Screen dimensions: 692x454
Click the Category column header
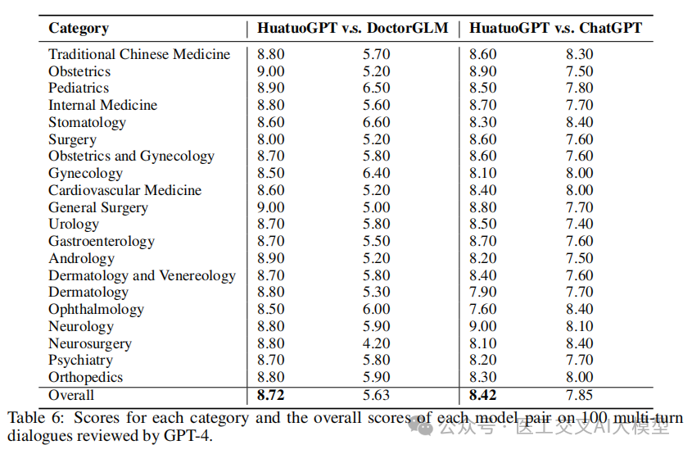[x=79, y=28]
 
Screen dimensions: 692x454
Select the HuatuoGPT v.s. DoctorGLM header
[x=353, y=28]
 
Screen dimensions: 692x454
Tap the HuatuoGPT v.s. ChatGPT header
[x=555, y=28]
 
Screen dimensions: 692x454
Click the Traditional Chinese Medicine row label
[x=139, y=54]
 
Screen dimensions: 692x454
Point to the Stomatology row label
[x=88, y=122]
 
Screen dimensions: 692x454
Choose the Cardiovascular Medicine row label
[x=125, y=190]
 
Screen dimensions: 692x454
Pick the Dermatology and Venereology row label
[x=142, y=275]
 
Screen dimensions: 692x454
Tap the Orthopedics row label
[x=86, y=377]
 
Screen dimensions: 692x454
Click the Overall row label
[x=71, y=395]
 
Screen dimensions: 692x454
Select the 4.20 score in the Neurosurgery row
[x=377, y=343]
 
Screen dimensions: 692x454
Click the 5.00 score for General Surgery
[x=377, y=207]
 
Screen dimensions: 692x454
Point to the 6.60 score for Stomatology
[x=377, y=122]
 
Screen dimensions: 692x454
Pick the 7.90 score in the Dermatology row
[x=483, y=292]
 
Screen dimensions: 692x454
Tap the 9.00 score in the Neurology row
[x=483, y=326]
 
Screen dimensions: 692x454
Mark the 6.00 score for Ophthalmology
[x=377, y=309]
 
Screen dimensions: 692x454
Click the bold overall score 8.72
[x=271, y=395]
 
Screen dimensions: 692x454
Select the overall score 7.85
[x=580, y=395]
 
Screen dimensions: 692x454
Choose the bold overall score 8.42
[x=483, y=395]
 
